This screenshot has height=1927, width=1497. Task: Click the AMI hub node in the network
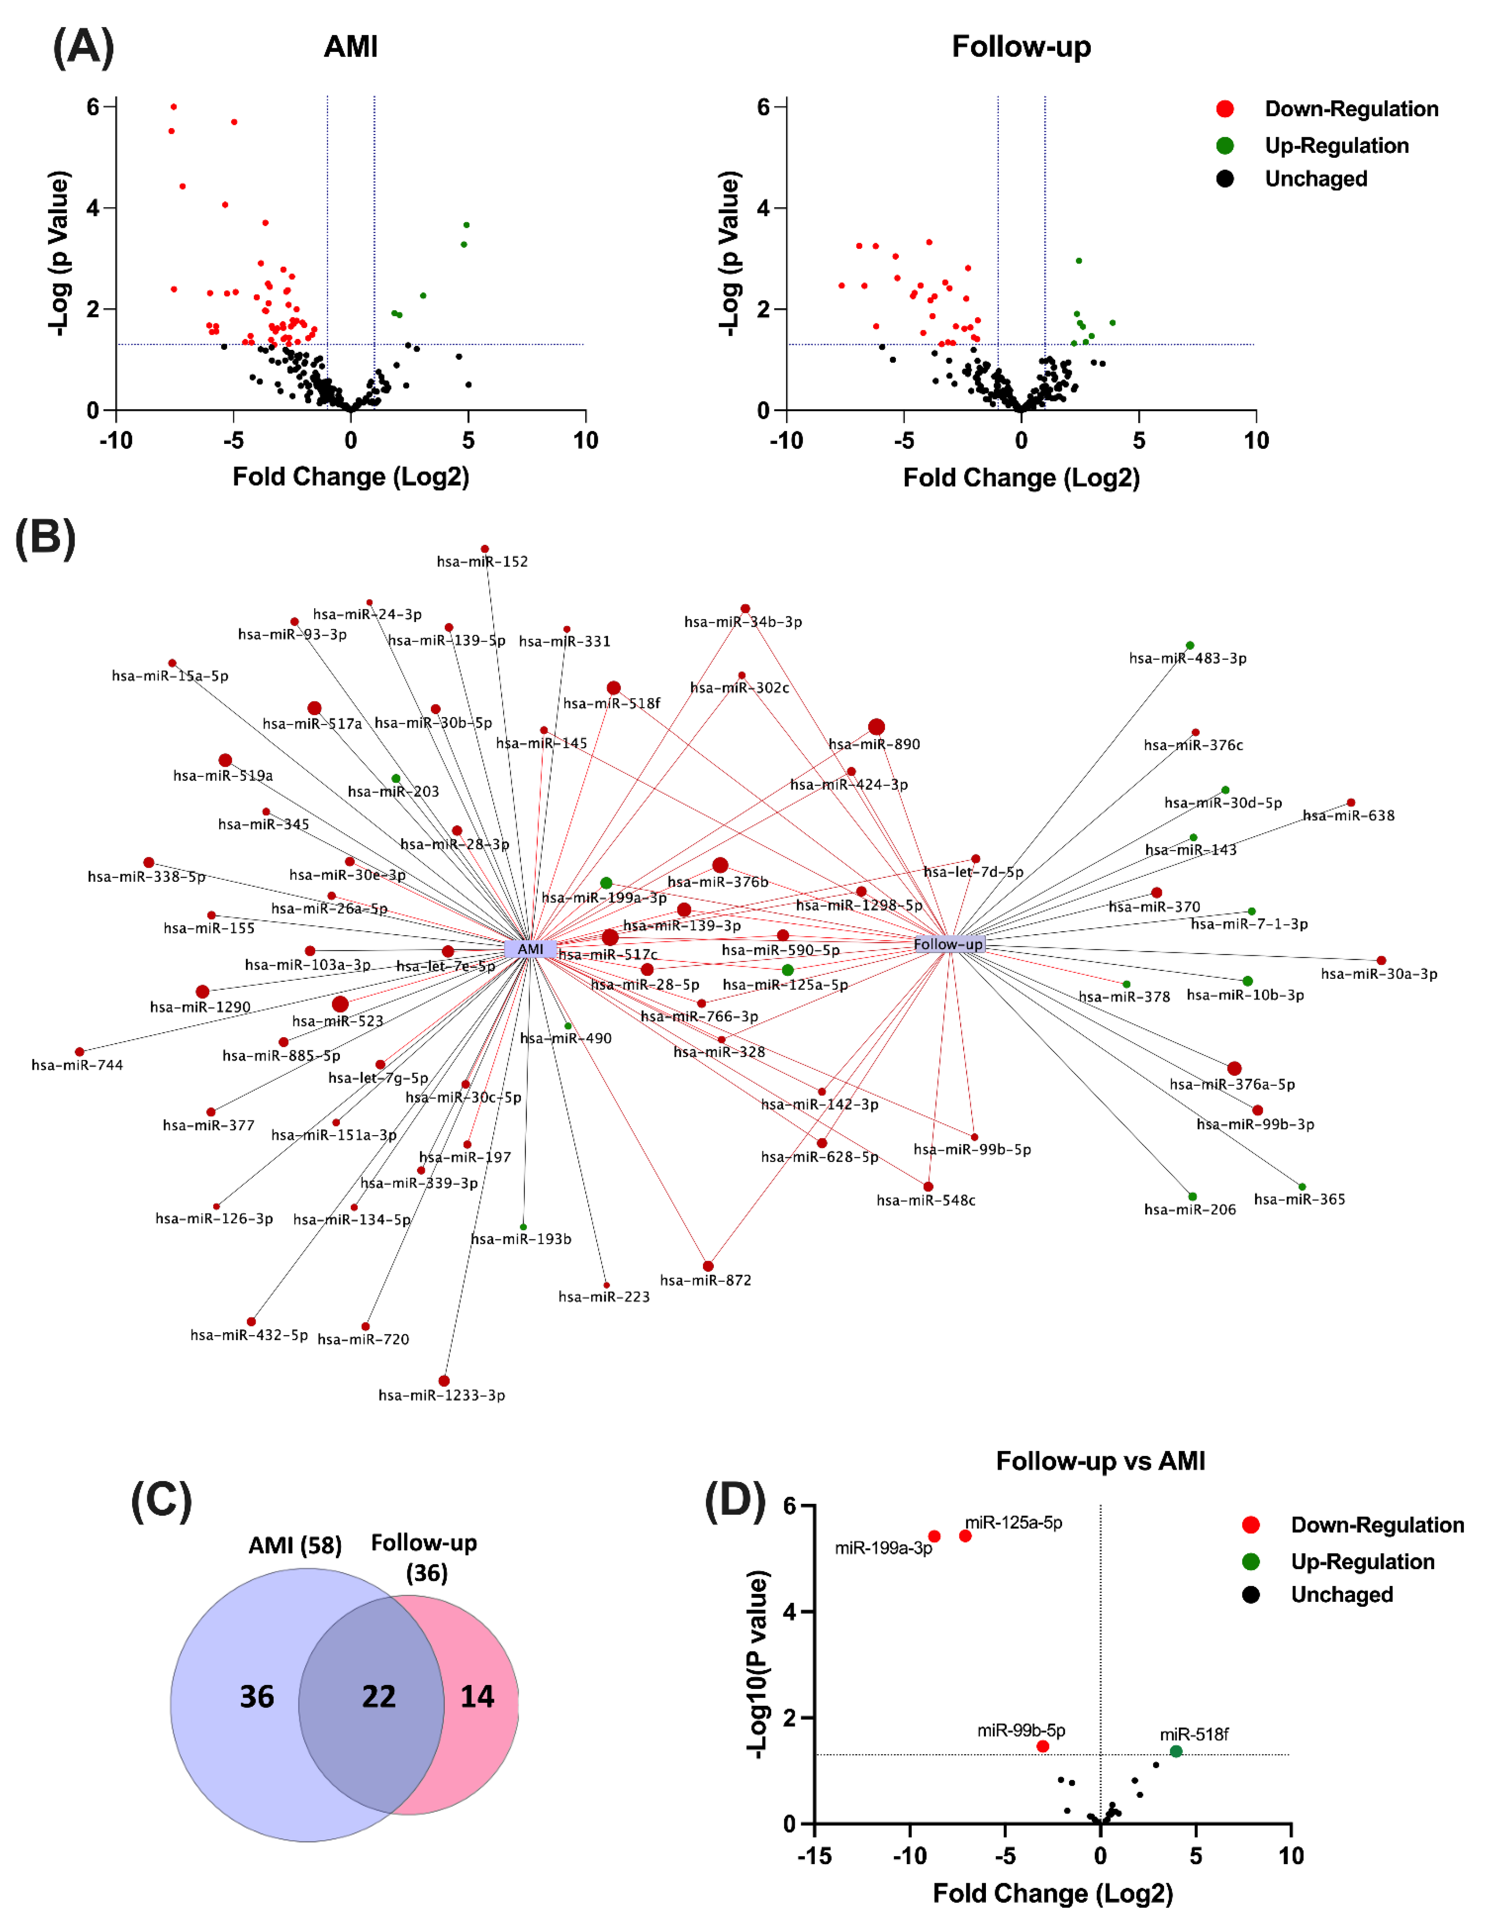530,949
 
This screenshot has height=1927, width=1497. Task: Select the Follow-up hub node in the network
948,944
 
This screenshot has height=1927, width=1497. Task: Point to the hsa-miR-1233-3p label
442,1395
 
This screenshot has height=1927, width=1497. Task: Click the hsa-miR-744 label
78,1065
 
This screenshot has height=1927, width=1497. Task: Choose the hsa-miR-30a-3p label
1379,974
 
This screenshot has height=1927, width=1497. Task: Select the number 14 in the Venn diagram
477,1696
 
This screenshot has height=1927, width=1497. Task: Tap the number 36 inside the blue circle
257,1696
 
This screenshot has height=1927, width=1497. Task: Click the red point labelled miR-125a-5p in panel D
965,1536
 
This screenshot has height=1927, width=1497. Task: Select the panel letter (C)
161,1500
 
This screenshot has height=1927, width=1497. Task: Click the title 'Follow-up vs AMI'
1100,1461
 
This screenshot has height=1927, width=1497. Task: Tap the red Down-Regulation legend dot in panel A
1225,109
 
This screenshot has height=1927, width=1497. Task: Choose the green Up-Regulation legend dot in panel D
1250,1562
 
